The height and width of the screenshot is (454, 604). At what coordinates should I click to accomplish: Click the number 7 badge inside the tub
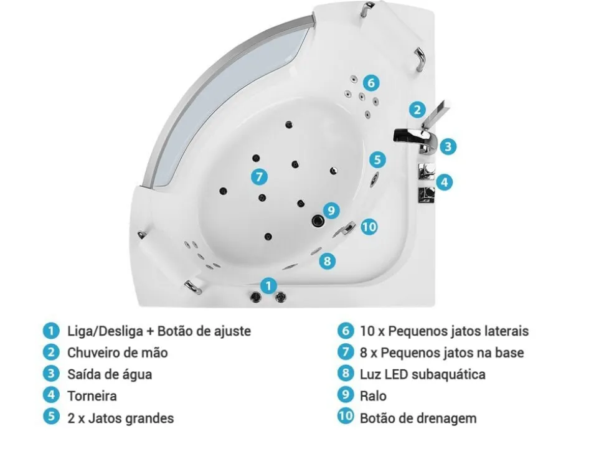(x=260, y=176)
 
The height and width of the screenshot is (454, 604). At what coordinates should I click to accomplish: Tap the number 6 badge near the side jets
(x=370, y=82)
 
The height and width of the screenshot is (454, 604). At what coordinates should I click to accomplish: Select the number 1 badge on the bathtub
(x=268, y=286)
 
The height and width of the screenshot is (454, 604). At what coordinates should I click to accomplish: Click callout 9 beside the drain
(x=331, y=210)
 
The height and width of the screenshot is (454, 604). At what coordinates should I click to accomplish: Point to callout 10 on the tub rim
(x=369, y=227)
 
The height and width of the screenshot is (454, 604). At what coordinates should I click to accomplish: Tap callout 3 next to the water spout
(x=448, y=147)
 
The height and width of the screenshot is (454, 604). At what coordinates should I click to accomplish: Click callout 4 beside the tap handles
(x=443, y=182)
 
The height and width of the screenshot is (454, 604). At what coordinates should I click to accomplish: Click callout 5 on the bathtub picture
(x=377, y=159)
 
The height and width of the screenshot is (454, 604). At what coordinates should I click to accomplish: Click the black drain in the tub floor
(x=318, y=219)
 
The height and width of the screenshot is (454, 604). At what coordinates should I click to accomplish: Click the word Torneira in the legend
(x=92, y=395)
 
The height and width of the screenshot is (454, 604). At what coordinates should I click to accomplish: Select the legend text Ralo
(x=373, y=395)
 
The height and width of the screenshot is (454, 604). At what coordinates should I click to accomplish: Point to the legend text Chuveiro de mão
(x=117, y=352)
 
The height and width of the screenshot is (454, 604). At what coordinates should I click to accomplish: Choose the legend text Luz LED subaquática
(x=422, y=374)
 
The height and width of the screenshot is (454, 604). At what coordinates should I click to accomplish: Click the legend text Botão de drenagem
(x=418, y=417)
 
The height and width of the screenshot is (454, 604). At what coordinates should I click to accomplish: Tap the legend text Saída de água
(x=109, y=374)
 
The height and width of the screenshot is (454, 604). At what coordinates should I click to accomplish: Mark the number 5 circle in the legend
(x=51, y=417)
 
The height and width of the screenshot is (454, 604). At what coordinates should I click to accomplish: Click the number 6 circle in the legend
(x=346, y=331)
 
